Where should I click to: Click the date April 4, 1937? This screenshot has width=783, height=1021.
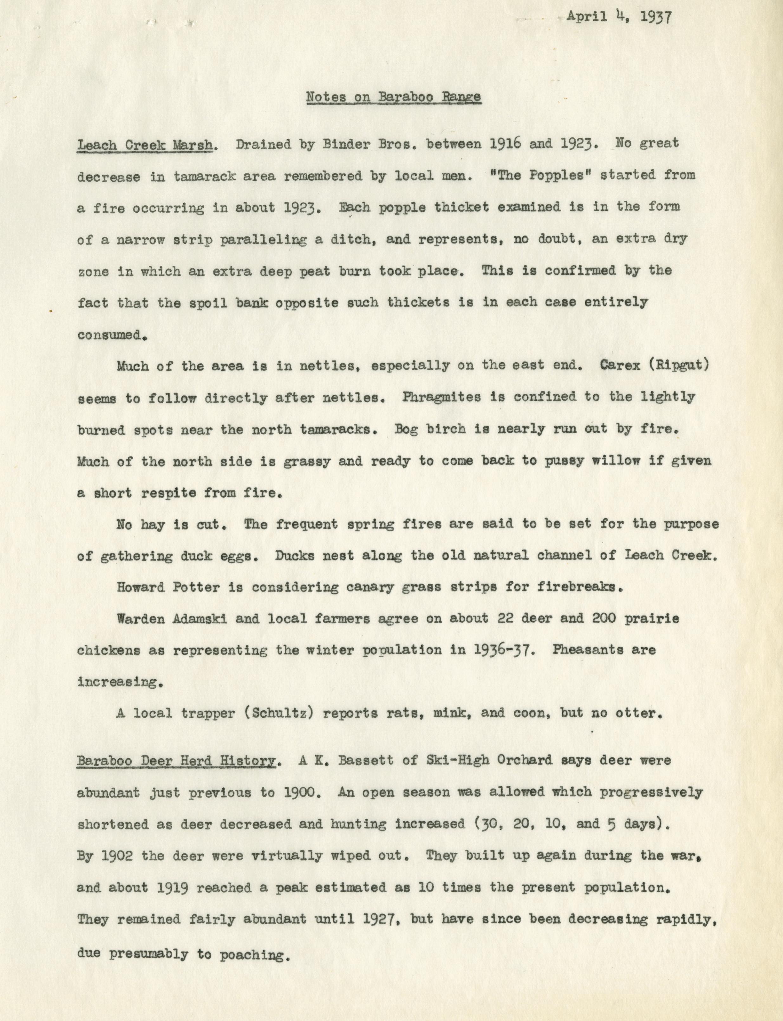tap(619, 17)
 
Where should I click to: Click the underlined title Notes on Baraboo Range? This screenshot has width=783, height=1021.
tap(393, 97)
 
